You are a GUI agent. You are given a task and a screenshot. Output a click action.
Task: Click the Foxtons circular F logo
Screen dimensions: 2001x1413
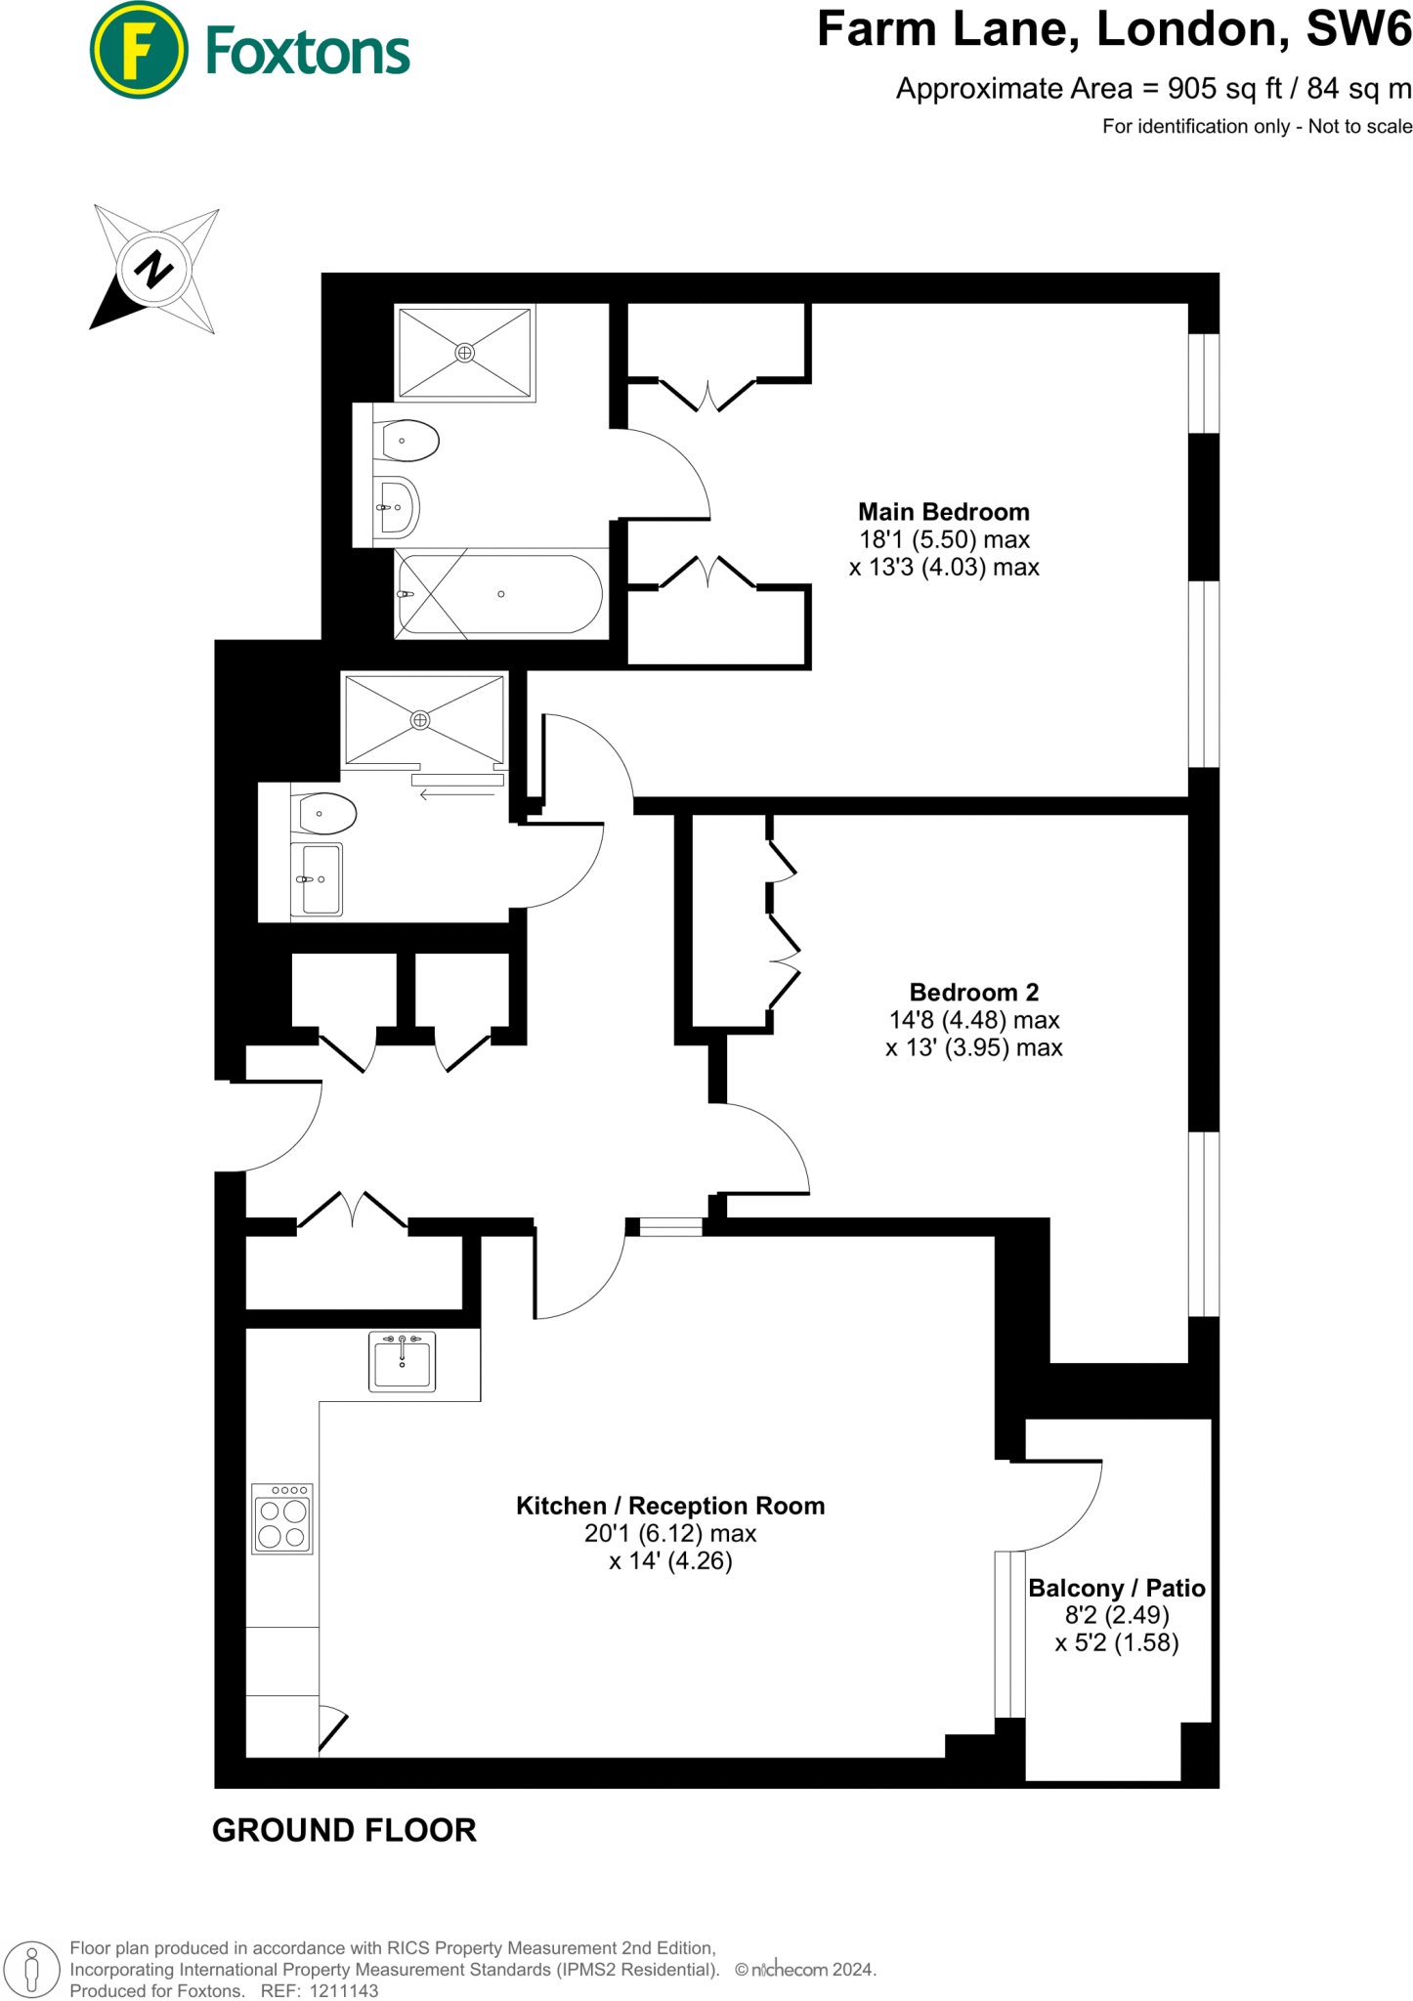(x=138, y=50)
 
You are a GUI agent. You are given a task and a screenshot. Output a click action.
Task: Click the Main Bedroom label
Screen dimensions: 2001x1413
(x=943, y=512)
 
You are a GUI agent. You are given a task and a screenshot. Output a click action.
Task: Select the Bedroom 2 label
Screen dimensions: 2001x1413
(x=973, y=993)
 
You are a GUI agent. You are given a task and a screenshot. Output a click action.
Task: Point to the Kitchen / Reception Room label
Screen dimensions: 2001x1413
(x=670, y=1506)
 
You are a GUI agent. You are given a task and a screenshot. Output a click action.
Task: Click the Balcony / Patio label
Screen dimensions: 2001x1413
(x=1116, y=1588)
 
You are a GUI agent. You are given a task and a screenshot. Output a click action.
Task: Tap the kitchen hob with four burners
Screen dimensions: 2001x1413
(x=282, y=1518)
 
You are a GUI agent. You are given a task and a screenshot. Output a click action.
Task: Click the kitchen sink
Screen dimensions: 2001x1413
(x=402, y=1361)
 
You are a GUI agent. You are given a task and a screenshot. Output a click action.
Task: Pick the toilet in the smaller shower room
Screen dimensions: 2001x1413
(x=326, y=813)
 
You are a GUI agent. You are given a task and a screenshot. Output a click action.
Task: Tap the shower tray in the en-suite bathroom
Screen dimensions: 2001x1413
(x=465, y=352)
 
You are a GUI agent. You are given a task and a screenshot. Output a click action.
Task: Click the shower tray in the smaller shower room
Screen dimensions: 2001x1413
(x=424, y=720)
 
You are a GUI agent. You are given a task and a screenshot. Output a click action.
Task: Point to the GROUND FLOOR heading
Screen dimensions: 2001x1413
(x=344, y=1830)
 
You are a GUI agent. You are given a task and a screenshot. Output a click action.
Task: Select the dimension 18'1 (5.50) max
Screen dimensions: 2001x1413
(x=944, y=539)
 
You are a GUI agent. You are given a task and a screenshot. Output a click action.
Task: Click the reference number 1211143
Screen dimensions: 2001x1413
(x=344, y=1990)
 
